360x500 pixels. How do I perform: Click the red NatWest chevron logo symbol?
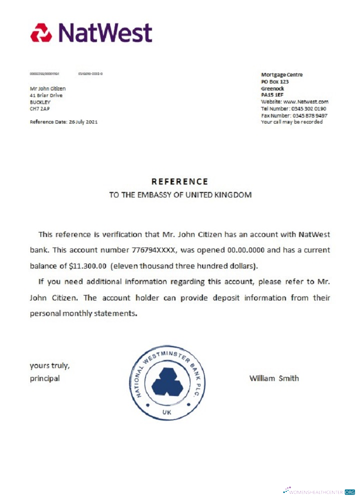pos(41,33)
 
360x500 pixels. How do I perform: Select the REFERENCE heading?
pos(180,181)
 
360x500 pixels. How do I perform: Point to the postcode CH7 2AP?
pos(40,108)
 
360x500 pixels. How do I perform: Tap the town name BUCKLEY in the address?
pos(40,102)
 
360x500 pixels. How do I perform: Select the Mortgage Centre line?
pos(281,75)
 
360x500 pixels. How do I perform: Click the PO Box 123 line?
pos(275,81)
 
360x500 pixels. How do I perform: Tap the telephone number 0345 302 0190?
pos(308,108)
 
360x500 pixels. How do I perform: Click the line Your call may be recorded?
pos(291,122)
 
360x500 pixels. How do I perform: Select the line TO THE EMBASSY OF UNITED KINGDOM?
pos(180,194)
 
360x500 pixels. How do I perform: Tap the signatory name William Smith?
pos(274,378)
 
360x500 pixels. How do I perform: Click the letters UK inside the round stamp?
pos(167,412)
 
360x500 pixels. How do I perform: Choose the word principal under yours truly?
pos(45,378)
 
